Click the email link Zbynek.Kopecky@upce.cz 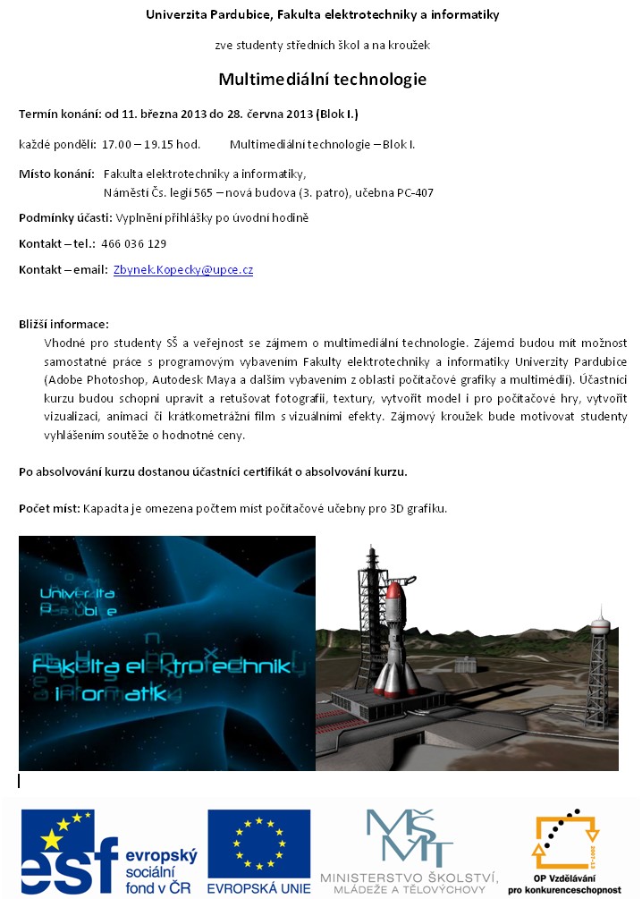183,270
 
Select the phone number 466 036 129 134,243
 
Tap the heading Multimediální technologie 322,80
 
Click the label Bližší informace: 63,324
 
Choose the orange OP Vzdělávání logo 564,844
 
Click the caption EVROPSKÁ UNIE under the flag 259,887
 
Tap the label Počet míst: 50,509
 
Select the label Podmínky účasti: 65,217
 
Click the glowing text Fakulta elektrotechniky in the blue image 161,667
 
